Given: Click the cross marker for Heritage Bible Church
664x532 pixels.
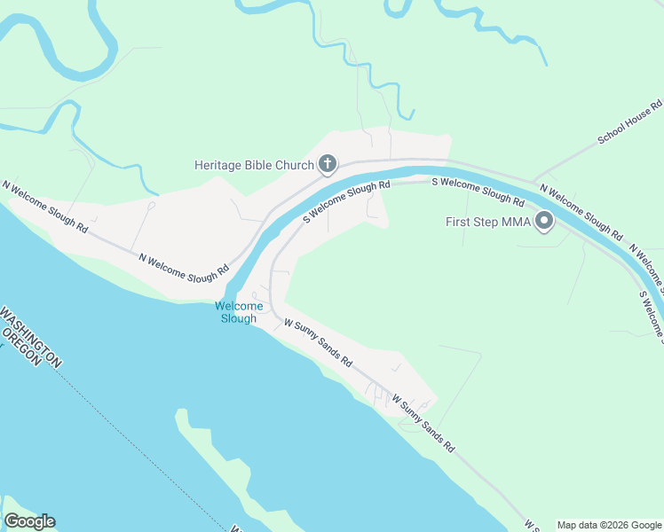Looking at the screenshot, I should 328,163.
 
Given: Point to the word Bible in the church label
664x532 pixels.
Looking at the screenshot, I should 261,165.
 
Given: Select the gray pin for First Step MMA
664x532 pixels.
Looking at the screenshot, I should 544,221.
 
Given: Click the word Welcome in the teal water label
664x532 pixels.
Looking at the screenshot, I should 239,307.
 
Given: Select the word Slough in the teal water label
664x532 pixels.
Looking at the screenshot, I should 239,319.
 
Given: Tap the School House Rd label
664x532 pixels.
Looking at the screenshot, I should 629,122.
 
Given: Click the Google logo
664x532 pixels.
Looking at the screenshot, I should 29,521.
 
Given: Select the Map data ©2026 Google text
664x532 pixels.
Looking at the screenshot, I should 608,525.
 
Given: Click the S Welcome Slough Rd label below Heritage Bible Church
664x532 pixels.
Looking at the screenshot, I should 346,201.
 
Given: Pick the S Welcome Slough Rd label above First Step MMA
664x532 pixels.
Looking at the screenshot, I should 477,192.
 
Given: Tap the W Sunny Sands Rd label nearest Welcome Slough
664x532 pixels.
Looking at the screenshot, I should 318,344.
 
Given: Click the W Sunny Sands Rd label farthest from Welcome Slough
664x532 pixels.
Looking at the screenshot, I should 423,424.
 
